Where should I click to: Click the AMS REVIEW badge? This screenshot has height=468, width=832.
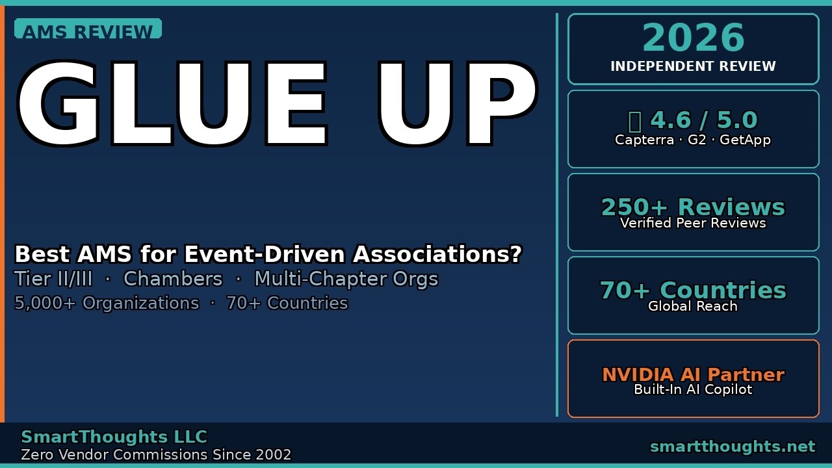(88, 30)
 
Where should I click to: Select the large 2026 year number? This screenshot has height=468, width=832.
(693, 38)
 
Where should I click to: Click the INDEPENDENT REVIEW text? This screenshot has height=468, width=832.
(693, 66)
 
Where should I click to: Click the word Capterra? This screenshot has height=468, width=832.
(644, 140)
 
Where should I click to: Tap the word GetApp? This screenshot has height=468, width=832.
(745, 140)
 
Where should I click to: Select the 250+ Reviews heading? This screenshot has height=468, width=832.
(693, 207)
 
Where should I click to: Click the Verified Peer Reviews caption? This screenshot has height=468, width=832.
(693, 223)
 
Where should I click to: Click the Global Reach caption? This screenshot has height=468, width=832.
(693, 306)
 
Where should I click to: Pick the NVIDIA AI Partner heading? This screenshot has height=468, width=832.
(693, 374)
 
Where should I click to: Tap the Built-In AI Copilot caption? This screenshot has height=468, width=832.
(693, 389)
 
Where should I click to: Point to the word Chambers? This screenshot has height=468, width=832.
(173, 279)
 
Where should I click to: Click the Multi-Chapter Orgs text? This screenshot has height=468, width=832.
(346, 279)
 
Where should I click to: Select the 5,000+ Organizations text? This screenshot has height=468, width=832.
(107, 304)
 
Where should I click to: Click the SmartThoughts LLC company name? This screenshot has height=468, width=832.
(114, 437)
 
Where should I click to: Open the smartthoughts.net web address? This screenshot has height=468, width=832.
(732, 447)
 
